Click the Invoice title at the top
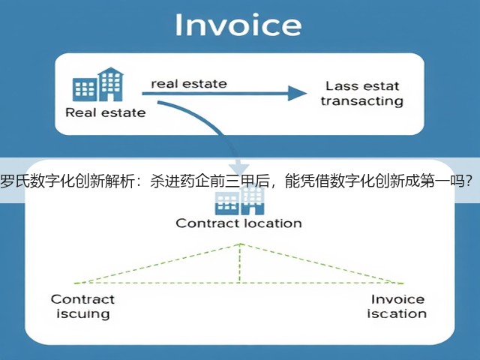238,25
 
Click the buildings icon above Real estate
98,85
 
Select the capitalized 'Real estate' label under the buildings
106,112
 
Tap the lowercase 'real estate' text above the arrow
189,83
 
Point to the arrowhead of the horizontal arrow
297,93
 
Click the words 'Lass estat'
362,86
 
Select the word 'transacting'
362,101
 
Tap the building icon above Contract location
239,201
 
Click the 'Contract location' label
238,223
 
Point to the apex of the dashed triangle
240,244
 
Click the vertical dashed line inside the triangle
240,263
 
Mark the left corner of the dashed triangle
74,283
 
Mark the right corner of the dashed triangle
403,283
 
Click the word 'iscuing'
83,314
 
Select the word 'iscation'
397,313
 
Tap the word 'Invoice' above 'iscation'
397,299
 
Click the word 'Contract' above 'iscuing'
82,299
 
